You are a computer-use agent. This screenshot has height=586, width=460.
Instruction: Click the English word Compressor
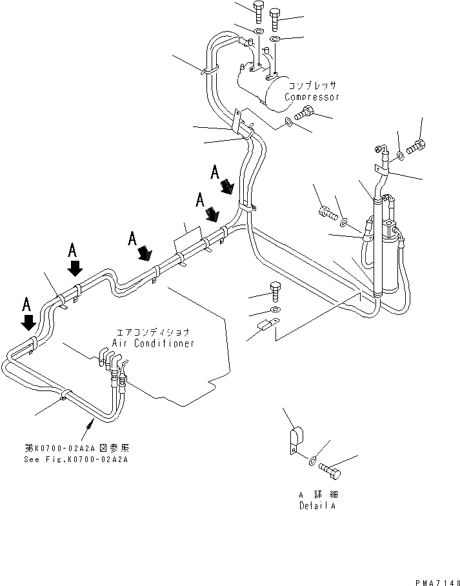312,97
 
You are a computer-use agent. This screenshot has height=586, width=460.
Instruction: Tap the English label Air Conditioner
153,343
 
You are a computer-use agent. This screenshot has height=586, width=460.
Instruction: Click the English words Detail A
316,505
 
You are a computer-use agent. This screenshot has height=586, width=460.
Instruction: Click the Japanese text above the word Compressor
313,85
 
